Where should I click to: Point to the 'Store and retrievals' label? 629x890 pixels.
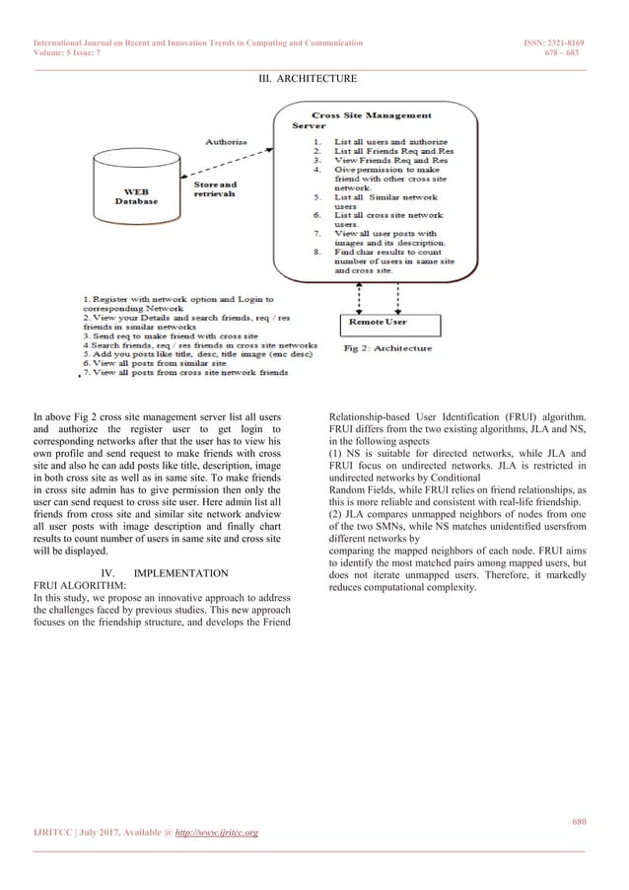[x=215, y=187]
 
